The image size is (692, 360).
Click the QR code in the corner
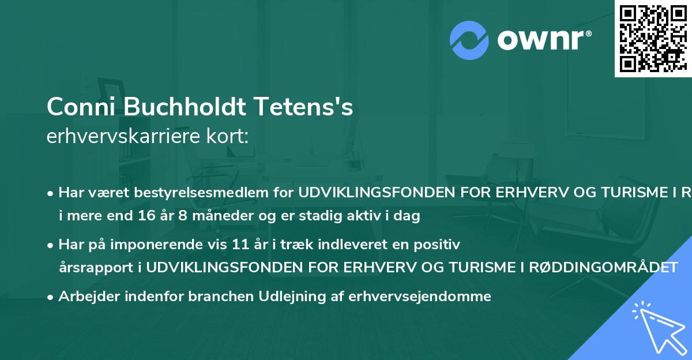pos(652,38)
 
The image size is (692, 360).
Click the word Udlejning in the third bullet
pos(304,297)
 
